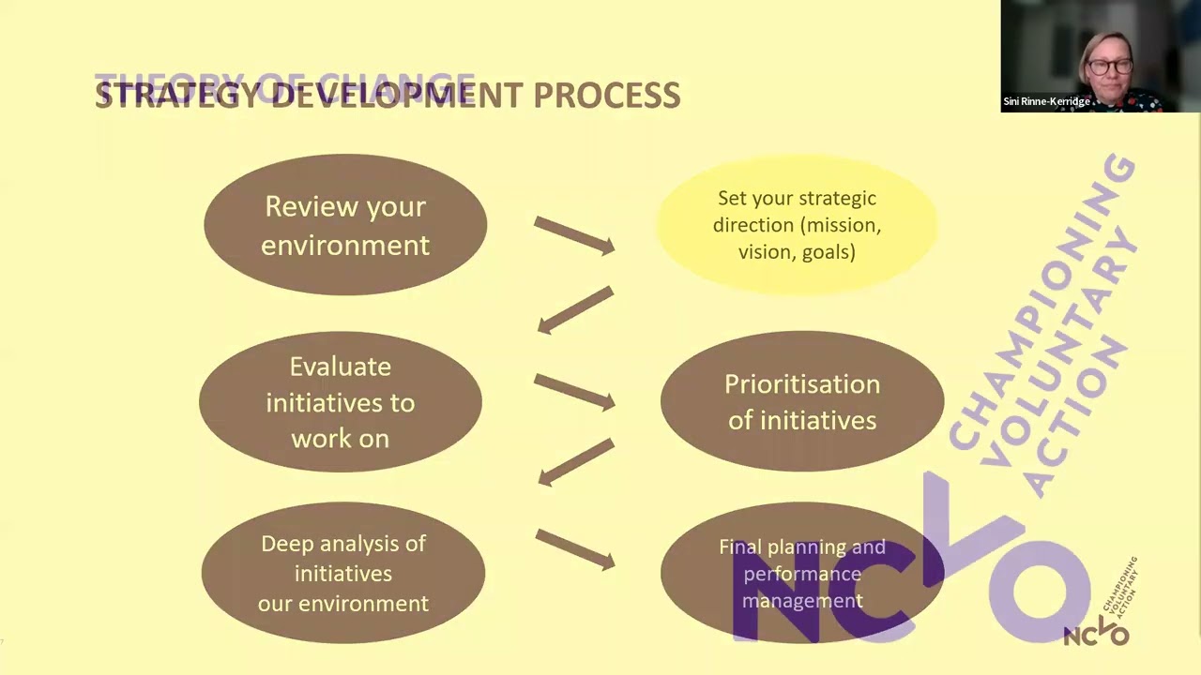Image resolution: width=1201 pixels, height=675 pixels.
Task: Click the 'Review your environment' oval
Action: click(345, 225)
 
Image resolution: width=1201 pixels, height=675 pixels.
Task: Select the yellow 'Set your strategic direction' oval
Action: click(797, 225)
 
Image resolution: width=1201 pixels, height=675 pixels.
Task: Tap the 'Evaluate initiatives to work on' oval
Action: click(340, 402)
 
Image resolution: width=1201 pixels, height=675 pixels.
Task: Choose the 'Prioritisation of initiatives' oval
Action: click(802, 402)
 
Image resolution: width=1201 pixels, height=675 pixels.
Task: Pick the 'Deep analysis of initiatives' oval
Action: click(343, 573)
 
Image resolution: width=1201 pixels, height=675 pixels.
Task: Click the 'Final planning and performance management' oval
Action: click(802, 573)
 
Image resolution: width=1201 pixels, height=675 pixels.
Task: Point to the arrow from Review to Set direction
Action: click(574, 235)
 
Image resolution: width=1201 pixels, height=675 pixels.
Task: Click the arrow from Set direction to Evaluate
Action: click(574, 310)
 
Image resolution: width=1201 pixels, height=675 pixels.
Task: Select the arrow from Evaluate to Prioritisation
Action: click(574, 391)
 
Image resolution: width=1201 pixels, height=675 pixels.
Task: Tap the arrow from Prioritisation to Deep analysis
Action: click(574, 462)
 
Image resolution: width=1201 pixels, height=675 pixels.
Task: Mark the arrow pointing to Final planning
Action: click(574, 548)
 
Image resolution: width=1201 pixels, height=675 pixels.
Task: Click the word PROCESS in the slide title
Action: click(607, 96)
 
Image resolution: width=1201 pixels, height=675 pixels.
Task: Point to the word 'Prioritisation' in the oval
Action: click(802, 384)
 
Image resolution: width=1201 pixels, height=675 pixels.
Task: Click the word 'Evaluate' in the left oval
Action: click(340, 367)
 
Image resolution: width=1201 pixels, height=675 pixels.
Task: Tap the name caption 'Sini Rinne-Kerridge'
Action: click(1046, 101)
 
